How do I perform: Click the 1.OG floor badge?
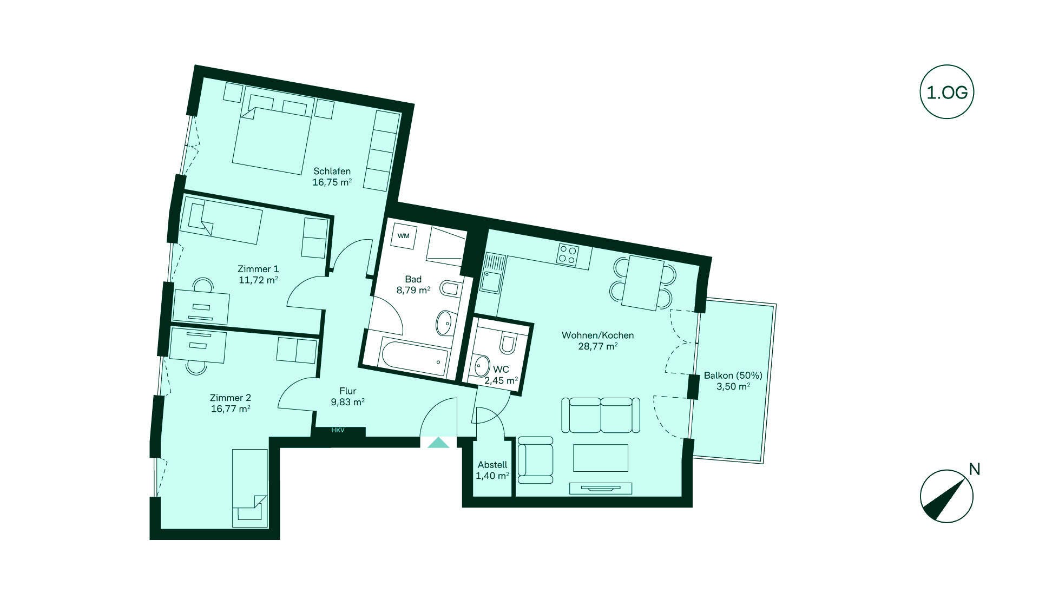(947, 93)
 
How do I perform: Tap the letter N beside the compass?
(975, 469)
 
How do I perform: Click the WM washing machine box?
(404, 236)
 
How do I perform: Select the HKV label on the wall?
(338, 431)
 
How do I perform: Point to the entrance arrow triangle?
(438, 443)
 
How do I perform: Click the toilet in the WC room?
(509, 342)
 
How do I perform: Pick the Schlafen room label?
(332, 172)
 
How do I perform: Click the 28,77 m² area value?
(598, 346)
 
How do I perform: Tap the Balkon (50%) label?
(733, 376)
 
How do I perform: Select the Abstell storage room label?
(492, 465)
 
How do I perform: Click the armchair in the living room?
(535, 460)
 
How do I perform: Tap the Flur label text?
(347, 391)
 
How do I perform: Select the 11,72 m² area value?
(259, 280)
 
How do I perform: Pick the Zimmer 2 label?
(231, 398)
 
